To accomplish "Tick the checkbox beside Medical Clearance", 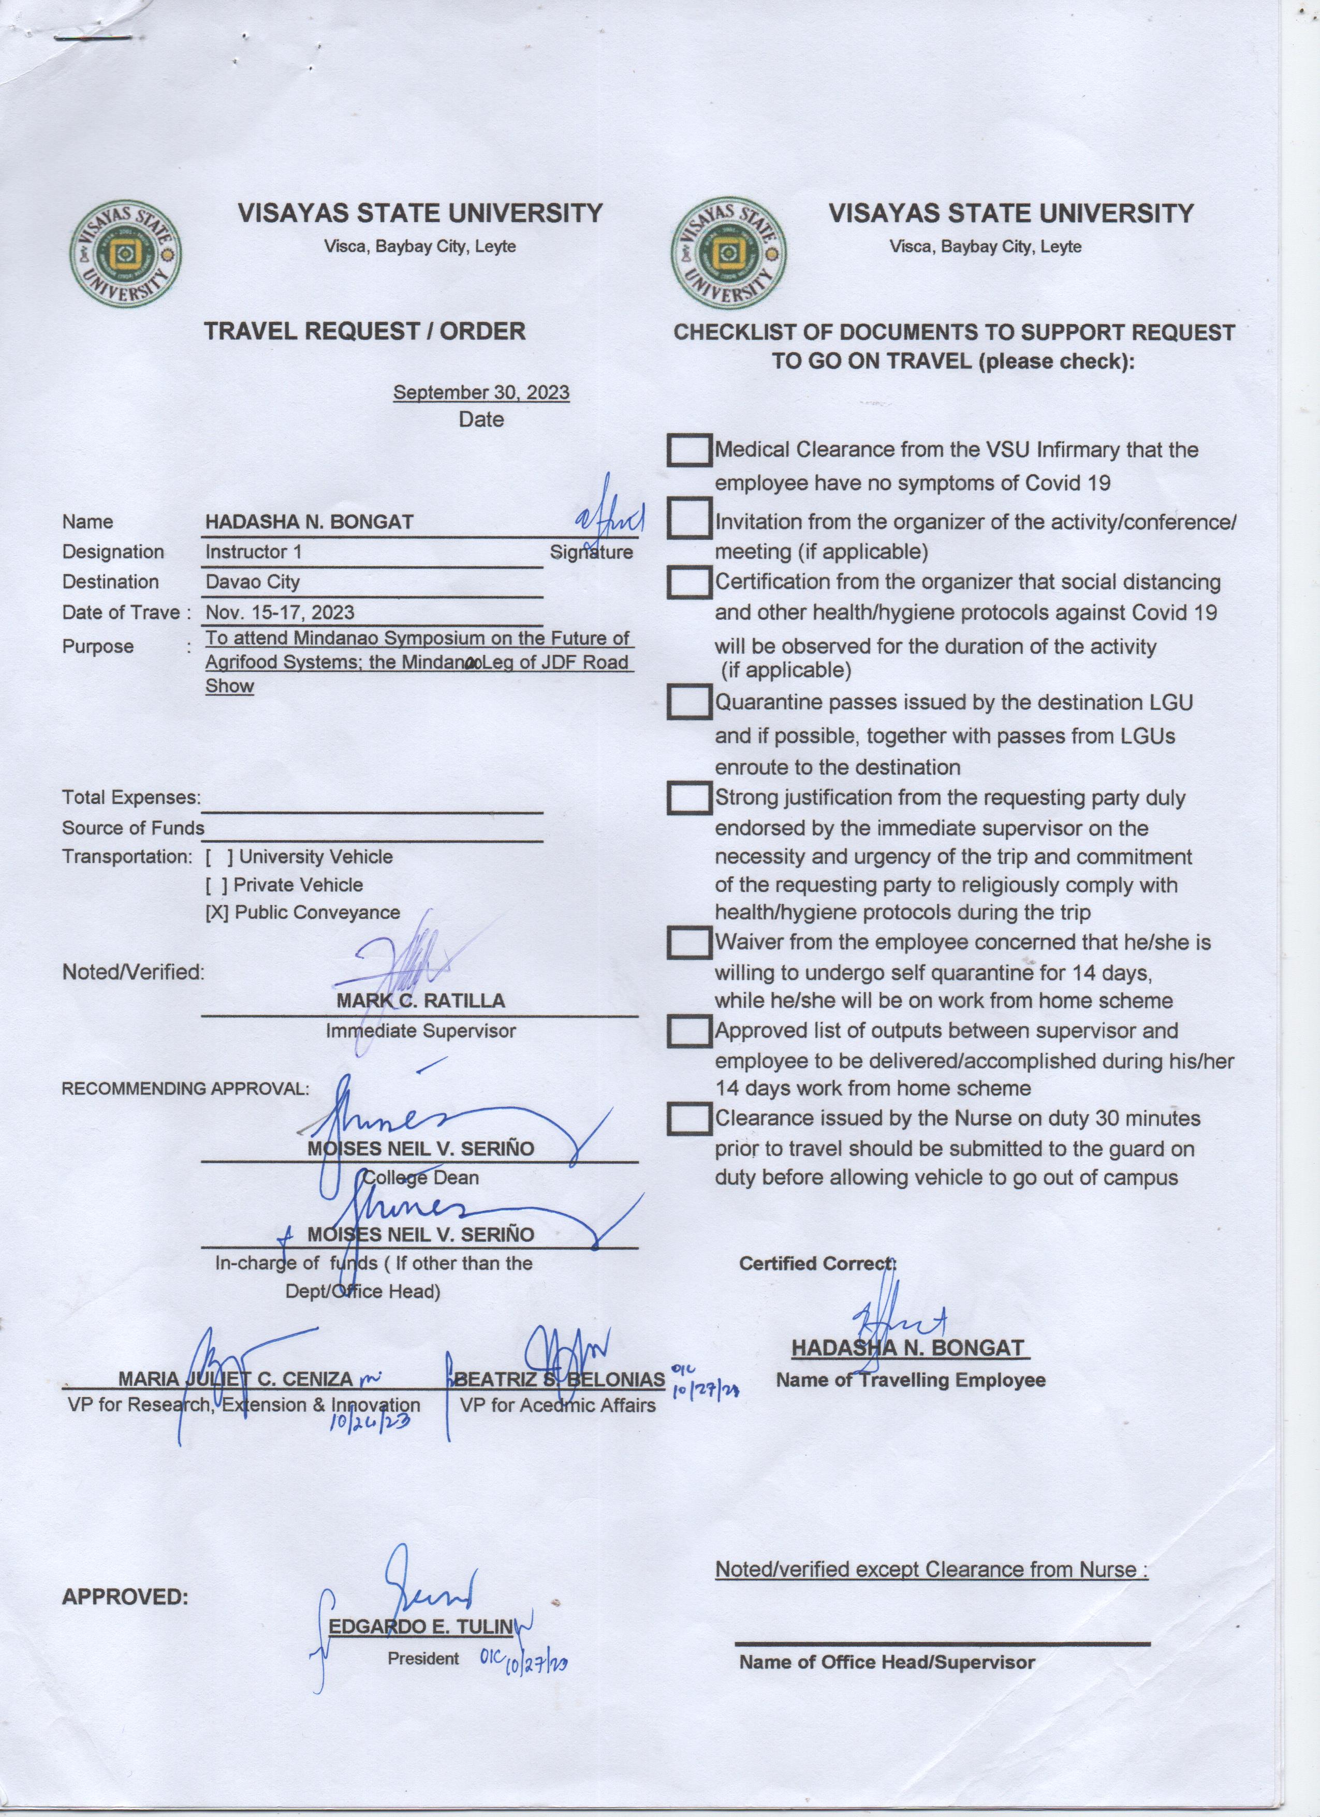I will (689, 450).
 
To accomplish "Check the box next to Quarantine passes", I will (689, 702).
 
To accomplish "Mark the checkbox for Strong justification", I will (689, 798).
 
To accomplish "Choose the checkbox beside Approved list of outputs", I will (689, 1031).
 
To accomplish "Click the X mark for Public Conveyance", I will (217, 913).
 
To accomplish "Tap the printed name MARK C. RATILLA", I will (420, 1001).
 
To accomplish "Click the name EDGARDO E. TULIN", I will (420, 1626).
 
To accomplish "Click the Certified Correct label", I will (817, 1264).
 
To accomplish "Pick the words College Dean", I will (420, 1178).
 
